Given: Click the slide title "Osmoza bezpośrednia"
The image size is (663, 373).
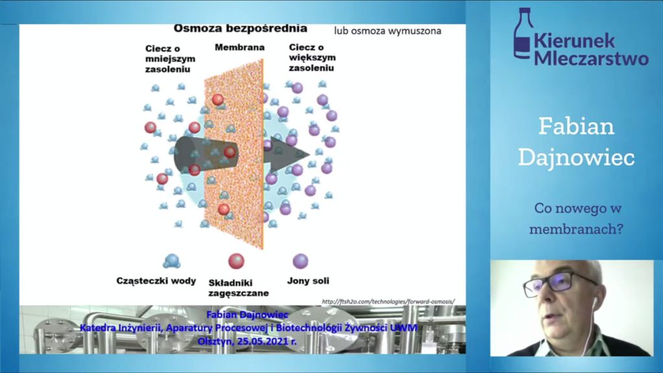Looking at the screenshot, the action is [240, 28].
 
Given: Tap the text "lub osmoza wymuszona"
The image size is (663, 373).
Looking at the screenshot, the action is [387, 31].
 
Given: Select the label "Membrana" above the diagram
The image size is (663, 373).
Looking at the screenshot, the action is [240, 47].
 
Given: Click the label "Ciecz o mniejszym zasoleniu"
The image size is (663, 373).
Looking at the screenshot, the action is [170, 59].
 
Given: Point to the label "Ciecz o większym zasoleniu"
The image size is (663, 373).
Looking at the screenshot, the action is [312, 58].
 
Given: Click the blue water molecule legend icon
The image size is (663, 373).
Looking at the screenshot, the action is [172, 262].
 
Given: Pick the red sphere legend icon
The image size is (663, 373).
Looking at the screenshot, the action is [236, 261].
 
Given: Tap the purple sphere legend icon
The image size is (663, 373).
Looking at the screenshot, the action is [300, 261].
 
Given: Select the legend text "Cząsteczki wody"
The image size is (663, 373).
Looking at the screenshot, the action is [156, 281].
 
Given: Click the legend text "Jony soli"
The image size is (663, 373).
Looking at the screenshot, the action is [308, 281].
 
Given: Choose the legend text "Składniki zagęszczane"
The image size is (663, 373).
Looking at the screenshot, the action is [238, 288].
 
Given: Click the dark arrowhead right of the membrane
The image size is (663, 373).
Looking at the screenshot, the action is [287, 154].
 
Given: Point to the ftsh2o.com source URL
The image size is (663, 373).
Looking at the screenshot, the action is [388, 302].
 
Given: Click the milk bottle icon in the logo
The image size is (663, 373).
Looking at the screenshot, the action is [523, 33].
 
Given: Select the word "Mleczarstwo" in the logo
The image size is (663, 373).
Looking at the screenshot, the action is [591, 58].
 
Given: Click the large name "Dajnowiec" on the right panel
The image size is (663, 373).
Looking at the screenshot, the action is [576, 158].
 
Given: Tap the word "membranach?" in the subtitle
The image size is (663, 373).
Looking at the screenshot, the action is [576, 229].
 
